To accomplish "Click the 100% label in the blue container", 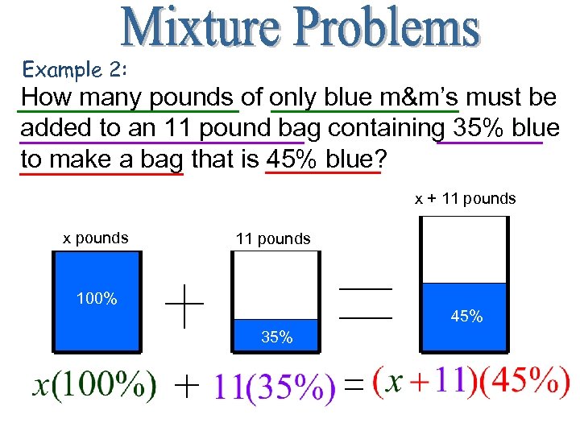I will click(97, 299).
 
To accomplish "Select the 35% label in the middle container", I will click(276, 337).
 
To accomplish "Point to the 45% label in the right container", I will click(466, 317).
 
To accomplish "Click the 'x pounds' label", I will click(96, 238).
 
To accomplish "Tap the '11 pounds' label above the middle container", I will click(272, 238).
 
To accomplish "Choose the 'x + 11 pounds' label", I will click(465, 198).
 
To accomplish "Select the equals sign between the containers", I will click(365, 304).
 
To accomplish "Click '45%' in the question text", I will click(292, 159).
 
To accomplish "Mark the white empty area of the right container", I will click(463, 250).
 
